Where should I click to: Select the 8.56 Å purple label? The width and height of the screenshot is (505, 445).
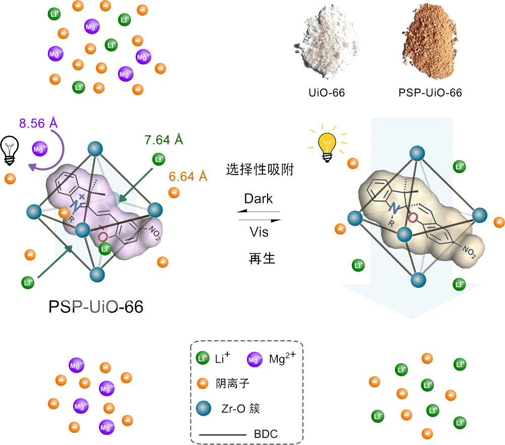[38, 123]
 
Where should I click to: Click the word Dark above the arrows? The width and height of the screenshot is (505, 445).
[259, 199]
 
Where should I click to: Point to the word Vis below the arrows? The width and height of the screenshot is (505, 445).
[259, 232]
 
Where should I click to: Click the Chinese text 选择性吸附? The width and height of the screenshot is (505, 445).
[259, 170]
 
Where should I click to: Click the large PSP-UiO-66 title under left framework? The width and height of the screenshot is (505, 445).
[95, 307]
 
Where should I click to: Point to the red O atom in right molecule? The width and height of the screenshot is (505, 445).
[413, 218]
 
